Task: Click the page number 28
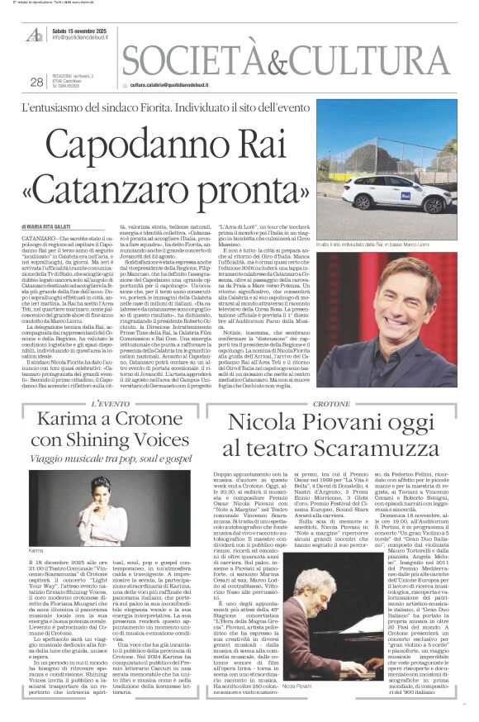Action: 36,82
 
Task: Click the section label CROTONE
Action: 339,402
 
